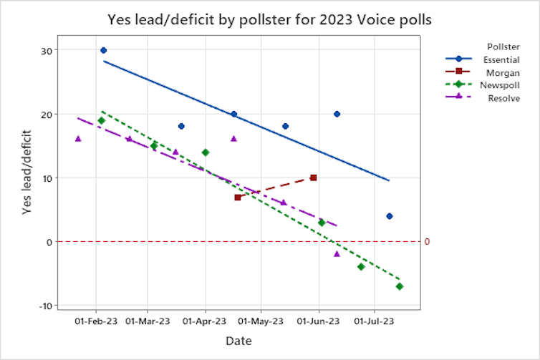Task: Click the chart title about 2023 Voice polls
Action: [x=269, y=19]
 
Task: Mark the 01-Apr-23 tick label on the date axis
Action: [x=205, y=321]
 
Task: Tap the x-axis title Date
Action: [x=238, y=341]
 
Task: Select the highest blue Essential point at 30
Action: [x=103, y=50]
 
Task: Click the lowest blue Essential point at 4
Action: [x=389, y=216]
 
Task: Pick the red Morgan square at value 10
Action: [x=313, y=177]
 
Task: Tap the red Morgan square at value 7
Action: [x=237, y=197]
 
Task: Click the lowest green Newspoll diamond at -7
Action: [x=400, y=286]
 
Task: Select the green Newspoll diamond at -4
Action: [x=361, y=267]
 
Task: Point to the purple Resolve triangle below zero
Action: [x=337, y=254]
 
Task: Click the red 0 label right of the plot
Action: [x=427, y=242]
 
